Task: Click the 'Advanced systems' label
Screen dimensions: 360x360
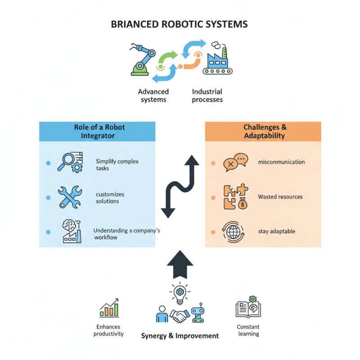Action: coord(153,95)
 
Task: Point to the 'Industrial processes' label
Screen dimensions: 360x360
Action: coord(207,95)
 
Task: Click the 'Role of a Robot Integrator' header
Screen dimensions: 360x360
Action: coord(97,131)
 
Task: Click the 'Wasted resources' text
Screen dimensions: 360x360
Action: coord(280,197)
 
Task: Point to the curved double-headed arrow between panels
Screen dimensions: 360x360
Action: coord(180,186)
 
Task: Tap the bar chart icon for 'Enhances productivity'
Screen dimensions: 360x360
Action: coord(109,308)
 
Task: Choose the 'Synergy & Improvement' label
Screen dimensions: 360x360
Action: coord(180,336)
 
